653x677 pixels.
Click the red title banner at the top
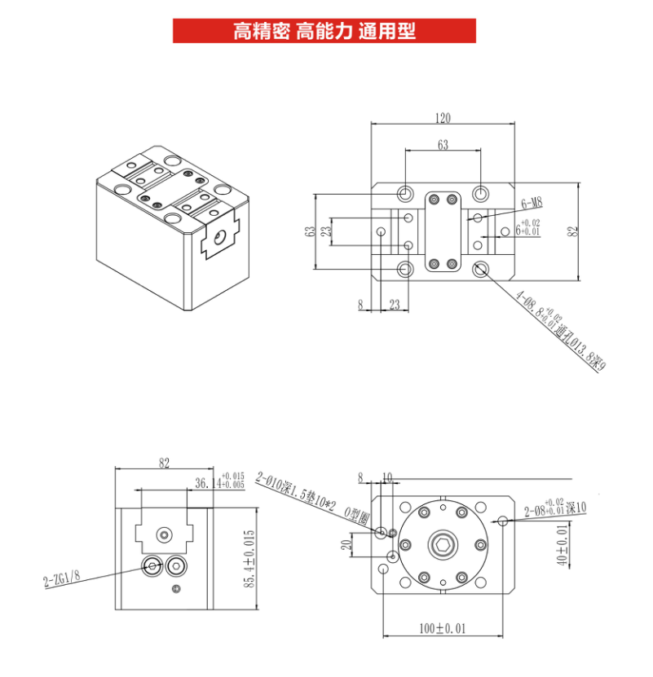click(x=324, y=32)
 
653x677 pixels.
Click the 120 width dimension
click(x=442, y=118)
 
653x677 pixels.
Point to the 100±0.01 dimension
click(x=443, y=629)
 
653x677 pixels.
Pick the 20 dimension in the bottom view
click(x=346, y=545)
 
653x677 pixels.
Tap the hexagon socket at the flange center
click(x=443, y=546)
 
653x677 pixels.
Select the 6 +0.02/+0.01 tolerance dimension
click(x=527, y=229)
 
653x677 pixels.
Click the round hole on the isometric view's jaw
click(x=218, y=237)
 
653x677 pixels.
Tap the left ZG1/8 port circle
click(x=152, y=566)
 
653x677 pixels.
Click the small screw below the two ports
click(x=174, y=589)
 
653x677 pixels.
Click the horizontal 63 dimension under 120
click(x=443, y=146)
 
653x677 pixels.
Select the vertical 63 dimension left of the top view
click(x=310, y=231)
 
